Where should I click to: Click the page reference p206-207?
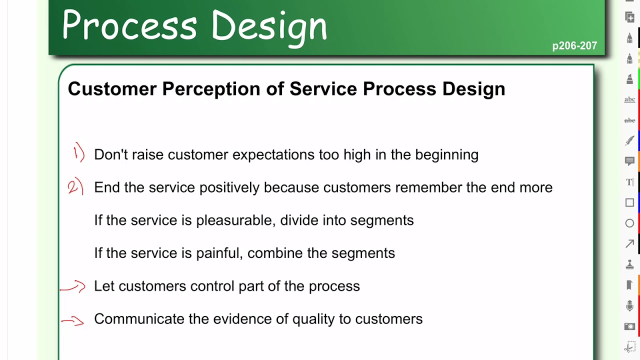click(x=574, y=46)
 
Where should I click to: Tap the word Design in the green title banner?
click(x=269, y=26)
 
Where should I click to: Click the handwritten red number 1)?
click(x=78, y=153)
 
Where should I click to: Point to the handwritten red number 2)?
click(x=75, y=187)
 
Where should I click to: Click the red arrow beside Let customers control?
click(x=73, y=287)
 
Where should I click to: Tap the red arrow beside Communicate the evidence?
click(x=73, y=321)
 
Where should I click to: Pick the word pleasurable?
click(x=234, y=220)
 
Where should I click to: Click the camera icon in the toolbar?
click(x=629, y=326)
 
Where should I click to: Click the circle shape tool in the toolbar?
click(x=629, y=223)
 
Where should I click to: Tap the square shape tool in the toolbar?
click(x=629, y=202)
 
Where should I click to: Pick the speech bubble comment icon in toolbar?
click(x=629, y=161)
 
